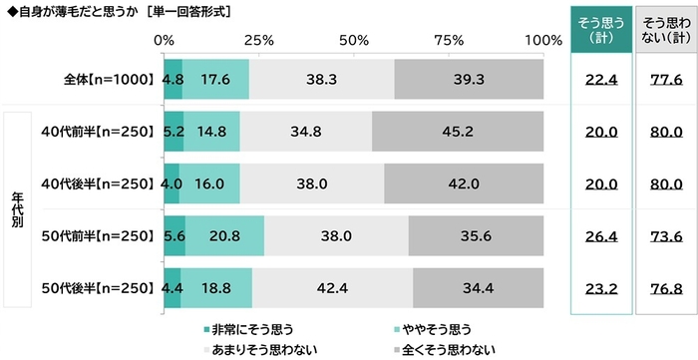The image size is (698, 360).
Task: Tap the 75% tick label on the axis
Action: click(449, 40)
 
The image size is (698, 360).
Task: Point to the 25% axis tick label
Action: click(258, 40)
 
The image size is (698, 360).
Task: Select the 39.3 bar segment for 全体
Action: click(469, 80)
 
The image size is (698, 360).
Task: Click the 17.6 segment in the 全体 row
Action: click(215, 80)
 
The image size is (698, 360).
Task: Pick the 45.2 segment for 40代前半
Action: click(457, 131)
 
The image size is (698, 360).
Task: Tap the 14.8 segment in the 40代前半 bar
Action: click(211, 131)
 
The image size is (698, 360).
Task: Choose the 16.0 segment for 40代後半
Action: click(208, 182)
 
